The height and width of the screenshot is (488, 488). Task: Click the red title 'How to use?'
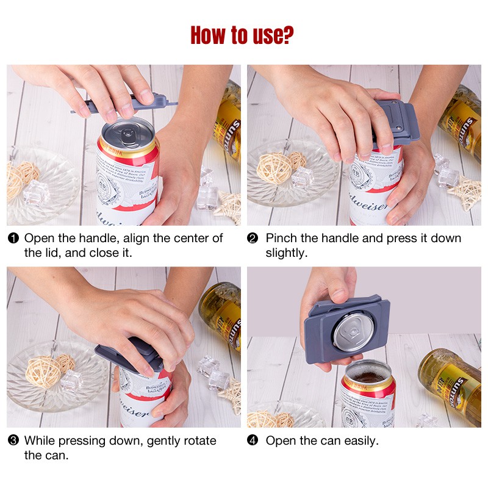242,35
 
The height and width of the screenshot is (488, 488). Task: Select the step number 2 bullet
253,238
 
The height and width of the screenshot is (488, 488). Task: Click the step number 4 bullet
253,440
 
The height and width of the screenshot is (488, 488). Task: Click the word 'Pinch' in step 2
281,238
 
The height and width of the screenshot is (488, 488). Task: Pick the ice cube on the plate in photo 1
35,193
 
